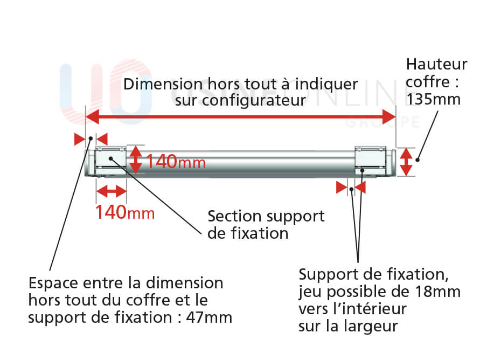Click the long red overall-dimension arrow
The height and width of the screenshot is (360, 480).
pos(241,115)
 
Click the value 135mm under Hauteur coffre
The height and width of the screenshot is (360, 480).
pos(434,99)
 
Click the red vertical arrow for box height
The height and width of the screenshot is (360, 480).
pos(407,162)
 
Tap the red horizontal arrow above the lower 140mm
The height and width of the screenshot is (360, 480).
pos(111,190)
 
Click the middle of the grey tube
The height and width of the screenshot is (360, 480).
pos(241,162)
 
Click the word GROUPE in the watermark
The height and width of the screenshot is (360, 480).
pos(381,123)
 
